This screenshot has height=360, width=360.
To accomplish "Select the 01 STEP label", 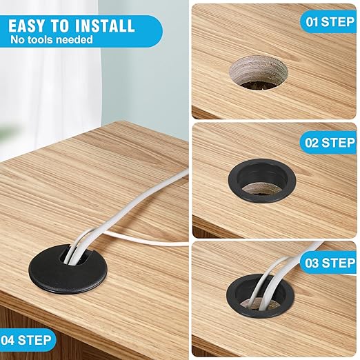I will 330,21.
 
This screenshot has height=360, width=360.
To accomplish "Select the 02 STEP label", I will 329,143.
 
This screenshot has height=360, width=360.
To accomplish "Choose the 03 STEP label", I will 329,263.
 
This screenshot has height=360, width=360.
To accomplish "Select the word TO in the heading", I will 61,26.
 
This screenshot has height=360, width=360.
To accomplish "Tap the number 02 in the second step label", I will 312,143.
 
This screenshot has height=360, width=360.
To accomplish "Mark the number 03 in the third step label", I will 312,263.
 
